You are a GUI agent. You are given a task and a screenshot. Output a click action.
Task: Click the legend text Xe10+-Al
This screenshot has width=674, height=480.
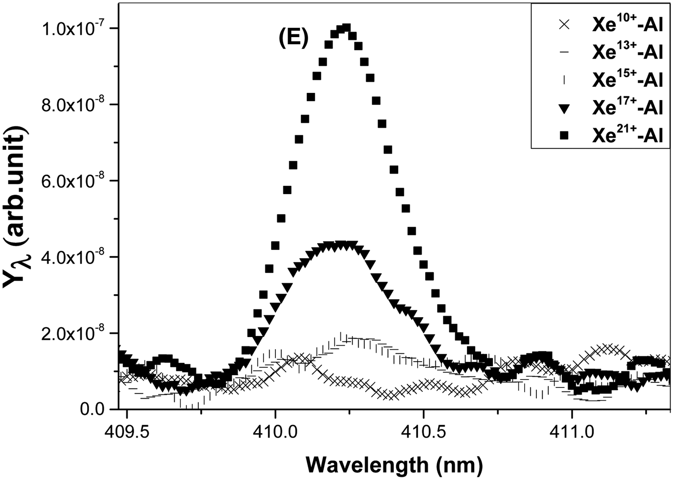pyautogui.click(x=627, y=25)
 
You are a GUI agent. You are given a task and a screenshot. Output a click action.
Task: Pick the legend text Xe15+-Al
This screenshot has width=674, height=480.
pyautogui.click(x=627, y=80)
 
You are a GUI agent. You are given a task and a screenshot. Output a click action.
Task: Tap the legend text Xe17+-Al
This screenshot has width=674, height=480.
pyautogui.click(x=627, y=108)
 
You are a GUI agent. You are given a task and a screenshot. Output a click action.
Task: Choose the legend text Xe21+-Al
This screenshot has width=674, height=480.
pyautogui.click(x=627, y=136)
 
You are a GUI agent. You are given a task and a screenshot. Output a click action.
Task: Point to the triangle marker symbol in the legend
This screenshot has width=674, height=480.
pyautogui.click(x=565, y=109)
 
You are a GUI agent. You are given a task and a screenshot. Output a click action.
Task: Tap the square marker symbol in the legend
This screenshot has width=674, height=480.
pyautogui.click(x=565, y=137)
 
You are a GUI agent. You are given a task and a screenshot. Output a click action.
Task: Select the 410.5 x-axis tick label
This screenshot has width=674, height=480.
pyautogui.click(x=423, y=431)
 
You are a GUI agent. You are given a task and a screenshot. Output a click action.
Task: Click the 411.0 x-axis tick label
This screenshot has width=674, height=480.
pyautogui.click(x=571, y=431)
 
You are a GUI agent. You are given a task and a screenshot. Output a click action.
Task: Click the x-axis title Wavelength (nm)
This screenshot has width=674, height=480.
pyautogui.click(x=393, y=465)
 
